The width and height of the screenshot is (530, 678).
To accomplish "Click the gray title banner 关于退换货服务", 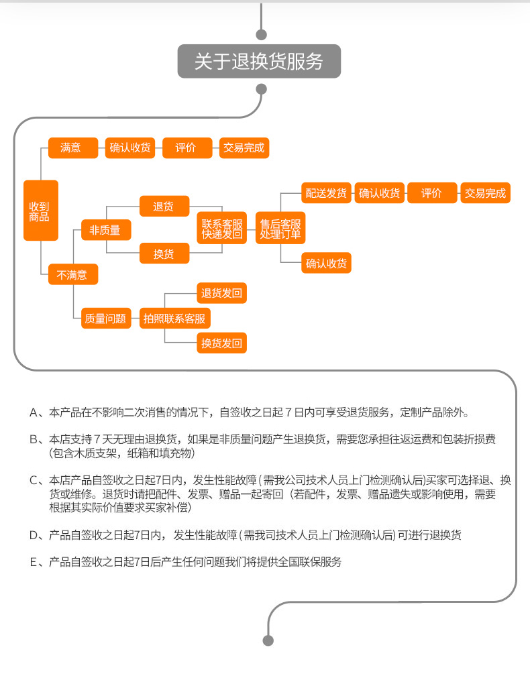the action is [x=259, y=61].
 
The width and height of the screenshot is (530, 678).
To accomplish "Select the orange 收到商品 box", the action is [x=41, y=210].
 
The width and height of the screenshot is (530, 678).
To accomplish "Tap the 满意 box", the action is [x=73, y=148].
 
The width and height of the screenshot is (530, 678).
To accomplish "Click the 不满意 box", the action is [x=73, y=274].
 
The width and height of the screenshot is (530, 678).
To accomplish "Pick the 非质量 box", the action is [x=106, y=230].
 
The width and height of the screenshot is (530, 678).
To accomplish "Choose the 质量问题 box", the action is [x=106, y=319].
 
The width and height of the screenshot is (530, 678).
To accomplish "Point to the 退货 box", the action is [x=164, y=206].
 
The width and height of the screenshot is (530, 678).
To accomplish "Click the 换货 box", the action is [x=164, y=253].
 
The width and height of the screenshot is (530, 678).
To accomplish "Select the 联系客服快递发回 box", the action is [x=222, y=228].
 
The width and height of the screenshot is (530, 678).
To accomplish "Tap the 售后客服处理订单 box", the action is [x=280, y=228].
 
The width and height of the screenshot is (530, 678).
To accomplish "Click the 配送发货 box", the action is [x=326, y=193].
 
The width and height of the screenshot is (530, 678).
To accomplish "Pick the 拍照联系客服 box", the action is [x=175, y=319].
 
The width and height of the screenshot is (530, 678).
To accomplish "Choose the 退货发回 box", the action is [x=222, y=293].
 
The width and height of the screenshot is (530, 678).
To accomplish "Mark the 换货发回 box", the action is [x=222, y=343].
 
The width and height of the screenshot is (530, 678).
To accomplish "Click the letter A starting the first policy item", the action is [x=34, y=412].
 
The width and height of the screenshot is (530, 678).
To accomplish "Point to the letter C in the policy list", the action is [x=34, y=480].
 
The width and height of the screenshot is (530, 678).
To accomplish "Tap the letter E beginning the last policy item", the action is [x=34, y=562].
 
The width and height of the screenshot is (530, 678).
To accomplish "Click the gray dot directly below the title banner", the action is [x=262, y=89].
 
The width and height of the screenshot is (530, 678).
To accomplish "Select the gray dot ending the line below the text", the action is [x=268, y=640].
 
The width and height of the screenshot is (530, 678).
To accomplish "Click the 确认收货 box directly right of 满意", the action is [x=130, y=148].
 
